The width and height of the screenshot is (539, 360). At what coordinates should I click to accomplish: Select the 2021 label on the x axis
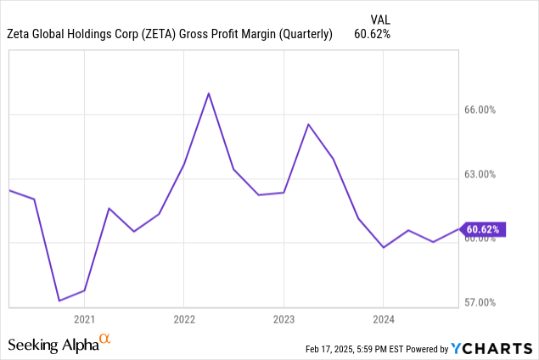(84, 319)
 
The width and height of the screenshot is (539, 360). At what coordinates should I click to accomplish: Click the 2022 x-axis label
(183, 319)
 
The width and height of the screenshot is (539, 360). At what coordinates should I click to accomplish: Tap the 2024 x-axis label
(383, 319)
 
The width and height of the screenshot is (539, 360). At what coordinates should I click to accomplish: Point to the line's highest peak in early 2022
(209, 93)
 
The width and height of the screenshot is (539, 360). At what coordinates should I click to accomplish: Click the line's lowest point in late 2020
(59, 301)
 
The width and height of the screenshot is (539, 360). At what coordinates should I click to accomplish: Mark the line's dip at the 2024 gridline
(383, 247)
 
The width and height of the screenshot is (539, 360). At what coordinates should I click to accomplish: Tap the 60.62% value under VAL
(373, 34)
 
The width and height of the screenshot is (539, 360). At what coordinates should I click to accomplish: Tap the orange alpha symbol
(105, 340)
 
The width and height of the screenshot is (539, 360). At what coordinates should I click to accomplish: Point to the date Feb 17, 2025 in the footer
(334, 349)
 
